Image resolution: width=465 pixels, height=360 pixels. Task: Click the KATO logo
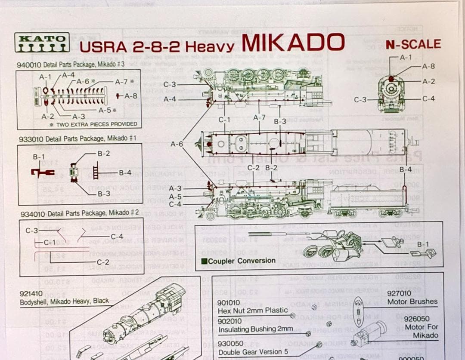(x=42, y=43)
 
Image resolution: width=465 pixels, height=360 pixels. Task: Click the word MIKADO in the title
(x=293, y=43)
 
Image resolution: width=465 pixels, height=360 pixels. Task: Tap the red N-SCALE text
(x=413, y=44)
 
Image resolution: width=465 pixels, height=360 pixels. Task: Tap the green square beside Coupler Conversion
(x=205, y=261)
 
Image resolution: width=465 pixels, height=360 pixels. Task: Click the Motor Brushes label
(x=412, y=302)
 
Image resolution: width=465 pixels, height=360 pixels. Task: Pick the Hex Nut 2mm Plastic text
(x=252, y=311)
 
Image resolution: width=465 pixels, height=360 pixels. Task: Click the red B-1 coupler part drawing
(x=42, y=172)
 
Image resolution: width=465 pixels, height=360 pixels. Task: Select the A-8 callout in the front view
(x=428, y=66)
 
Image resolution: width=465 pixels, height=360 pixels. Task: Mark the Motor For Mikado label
(x=421, y=331)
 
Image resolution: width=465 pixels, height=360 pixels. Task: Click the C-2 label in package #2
(x=102, y=262)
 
